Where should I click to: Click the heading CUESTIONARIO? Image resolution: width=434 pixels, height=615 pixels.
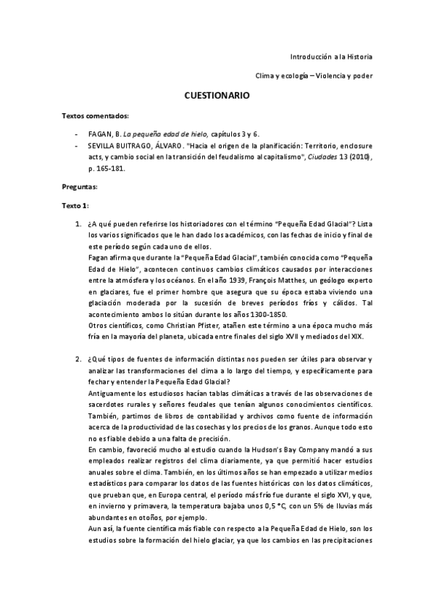click(217, 95)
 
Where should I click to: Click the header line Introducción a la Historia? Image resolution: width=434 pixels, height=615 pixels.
click(331, 56)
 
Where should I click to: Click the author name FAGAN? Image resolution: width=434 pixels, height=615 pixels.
click(96, 135)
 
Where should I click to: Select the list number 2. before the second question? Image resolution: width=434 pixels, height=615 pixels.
click(79, 360)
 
